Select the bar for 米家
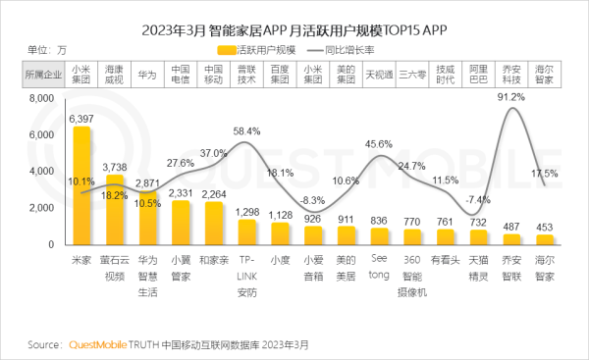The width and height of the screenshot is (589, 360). (81, 186)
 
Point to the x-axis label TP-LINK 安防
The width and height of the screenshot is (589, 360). (248, 277)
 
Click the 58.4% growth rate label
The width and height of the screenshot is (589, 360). (246, 130)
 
